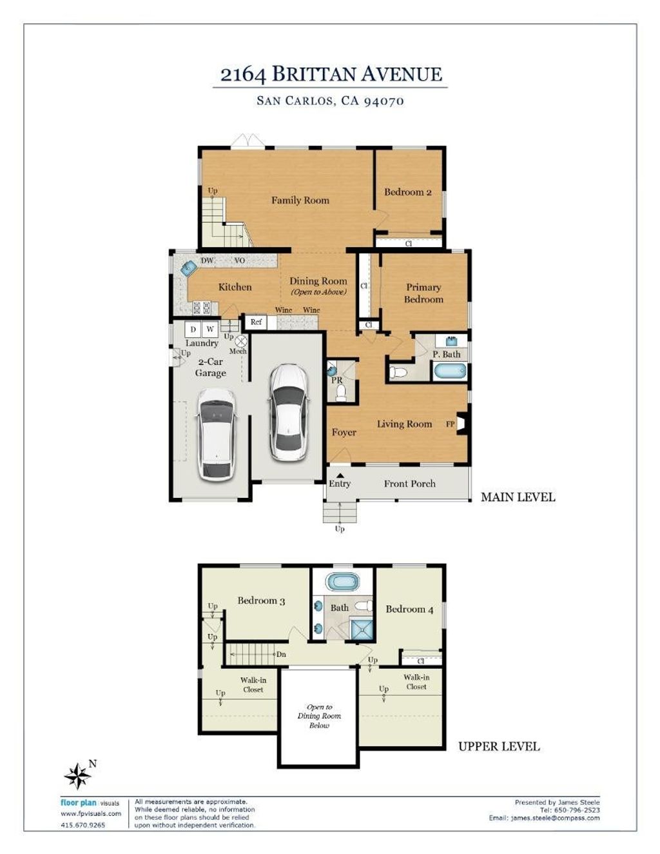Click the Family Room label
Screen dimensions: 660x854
point(300,201)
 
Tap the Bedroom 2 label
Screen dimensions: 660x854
point(407,192)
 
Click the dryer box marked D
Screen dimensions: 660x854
point(193,329)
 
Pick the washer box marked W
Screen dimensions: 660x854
point(210,329)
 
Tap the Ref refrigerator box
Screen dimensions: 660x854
point(256,322)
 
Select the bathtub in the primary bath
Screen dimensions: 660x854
point(451,371)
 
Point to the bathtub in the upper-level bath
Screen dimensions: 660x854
point(343,581)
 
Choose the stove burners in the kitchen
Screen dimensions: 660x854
point(201,307)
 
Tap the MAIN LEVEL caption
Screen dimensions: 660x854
point(518,497)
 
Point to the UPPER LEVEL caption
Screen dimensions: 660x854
point(499,746)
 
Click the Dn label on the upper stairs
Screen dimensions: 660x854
point(281,654)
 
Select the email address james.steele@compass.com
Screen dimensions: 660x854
point(555,818)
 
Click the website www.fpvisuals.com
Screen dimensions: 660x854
point(91,813)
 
